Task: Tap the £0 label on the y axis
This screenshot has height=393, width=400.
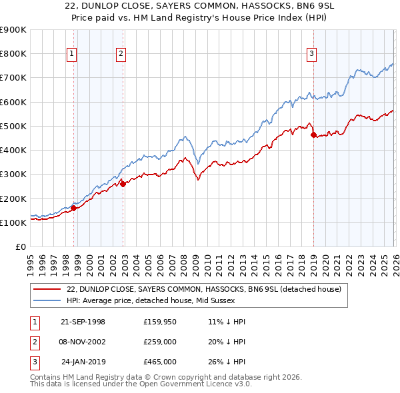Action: [20, 247]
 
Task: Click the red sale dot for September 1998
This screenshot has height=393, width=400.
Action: [73, 208]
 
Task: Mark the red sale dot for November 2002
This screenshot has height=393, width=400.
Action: [123, 184]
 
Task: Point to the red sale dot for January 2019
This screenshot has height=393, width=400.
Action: [313, 135]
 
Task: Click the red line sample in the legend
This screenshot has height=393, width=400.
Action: [48, 289]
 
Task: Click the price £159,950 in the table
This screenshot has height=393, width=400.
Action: [159, 322]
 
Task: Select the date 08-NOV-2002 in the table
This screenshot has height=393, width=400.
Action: [83, 342]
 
